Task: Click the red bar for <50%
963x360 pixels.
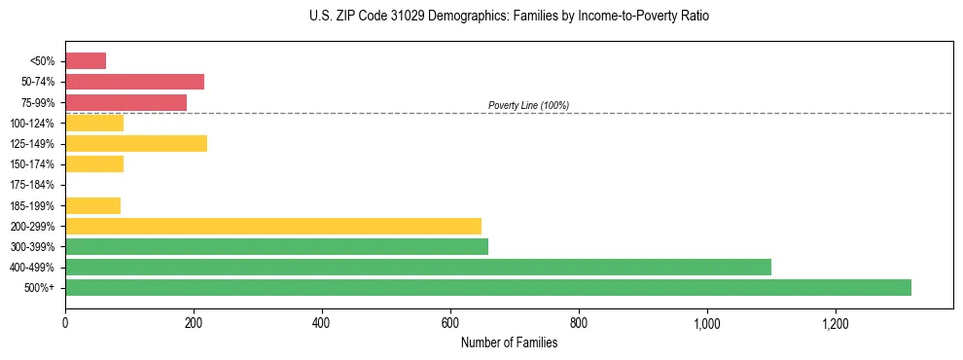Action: pos(86,61)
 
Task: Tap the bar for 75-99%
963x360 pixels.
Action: pos(125,102)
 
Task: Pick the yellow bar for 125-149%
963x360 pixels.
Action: pos(136,144)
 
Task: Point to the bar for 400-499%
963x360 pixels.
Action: pos(418,267)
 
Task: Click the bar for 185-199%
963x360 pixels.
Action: pos(93,205)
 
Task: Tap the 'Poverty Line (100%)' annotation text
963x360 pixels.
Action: pos(528,105)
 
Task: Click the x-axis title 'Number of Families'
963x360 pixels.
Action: pos(509,342)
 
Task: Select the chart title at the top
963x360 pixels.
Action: pos(509,17)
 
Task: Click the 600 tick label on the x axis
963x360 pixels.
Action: pos(450,323)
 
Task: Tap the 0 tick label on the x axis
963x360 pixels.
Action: pos(65,323)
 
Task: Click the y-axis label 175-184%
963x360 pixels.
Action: pos(32,185)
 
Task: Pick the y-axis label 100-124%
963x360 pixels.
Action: pos(32,124)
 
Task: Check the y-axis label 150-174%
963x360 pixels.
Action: pos(32,164)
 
